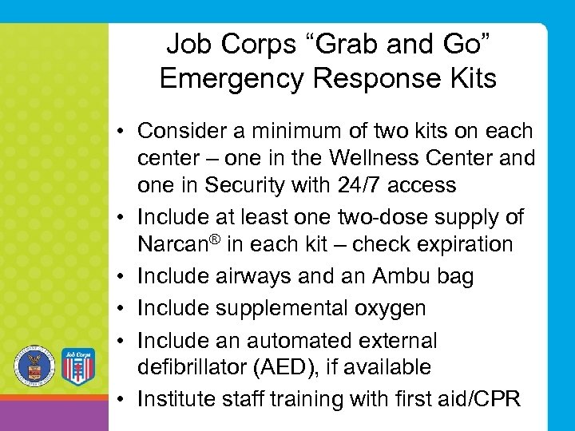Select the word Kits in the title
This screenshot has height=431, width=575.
click(x=466, y=79)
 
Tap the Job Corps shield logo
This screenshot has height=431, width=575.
click(x=77, y=366)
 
